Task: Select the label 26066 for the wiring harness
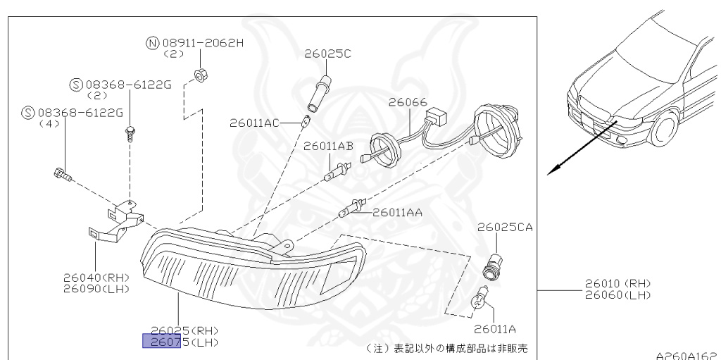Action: (x=408, y=102)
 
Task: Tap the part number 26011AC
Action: (x=255, y=123)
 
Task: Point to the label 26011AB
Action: (x=328, y=147)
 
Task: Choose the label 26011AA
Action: (x=397, y=212)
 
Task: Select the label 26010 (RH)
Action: (x=617, y=283)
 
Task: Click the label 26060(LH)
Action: (x=617, y=294)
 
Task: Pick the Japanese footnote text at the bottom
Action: (x=448, y=349)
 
